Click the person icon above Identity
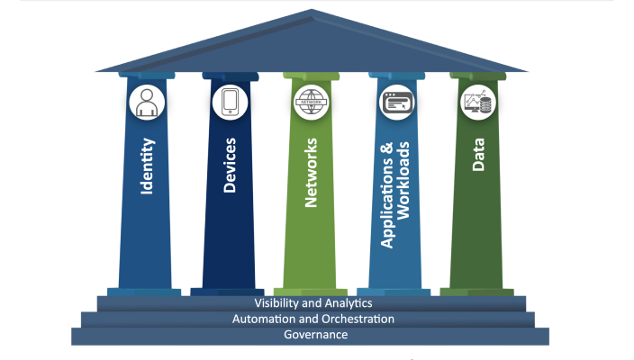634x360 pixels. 145,103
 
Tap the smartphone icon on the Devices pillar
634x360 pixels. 229,103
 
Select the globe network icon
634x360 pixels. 311,103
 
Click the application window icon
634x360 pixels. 395,103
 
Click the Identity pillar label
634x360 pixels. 147,166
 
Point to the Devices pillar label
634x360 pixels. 230,166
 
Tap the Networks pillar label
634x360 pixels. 312,172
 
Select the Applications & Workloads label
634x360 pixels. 395,193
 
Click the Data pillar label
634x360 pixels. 478,154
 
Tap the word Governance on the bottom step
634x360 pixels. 315,335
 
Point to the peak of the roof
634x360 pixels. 312,12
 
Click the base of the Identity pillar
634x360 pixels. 144,292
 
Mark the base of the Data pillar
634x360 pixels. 477,292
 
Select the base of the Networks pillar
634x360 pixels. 311,292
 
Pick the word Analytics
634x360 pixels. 346,304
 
